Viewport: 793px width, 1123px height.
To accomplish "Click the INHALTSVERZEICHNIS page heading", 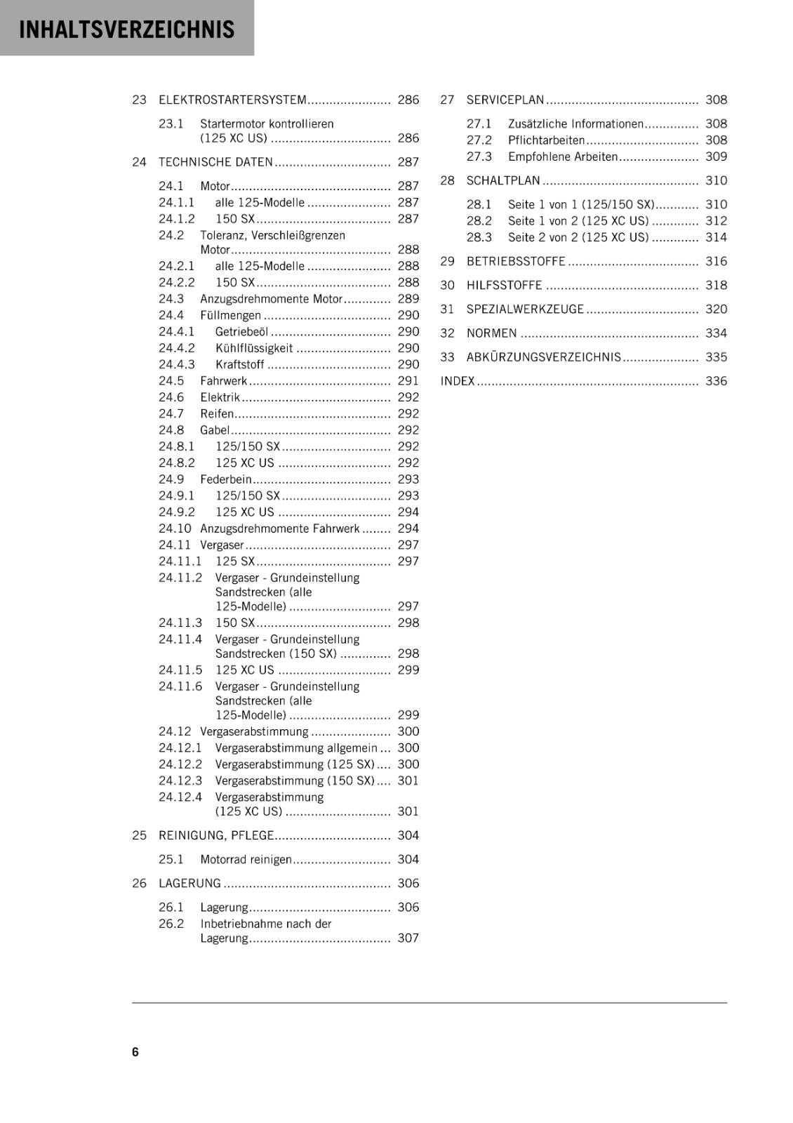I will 127,29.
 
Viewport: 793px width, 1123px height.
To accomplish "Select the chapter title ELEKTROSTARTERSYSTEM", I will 232,100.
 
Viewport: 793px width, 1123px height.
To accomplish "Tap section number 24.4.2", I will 176,348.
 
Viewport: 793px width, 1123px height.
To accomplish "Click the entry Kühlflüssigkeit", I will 254,348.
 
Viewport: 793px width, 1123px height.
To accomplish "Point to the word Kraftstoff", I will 239,364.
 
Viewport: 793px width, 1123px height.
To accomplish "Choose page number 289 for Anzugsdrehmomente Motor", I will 408,299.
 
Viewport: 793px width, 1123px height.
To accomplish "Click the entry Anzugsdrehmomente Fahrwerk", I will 279,529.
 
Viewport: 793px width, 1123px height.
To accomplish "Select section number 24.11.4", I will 180,639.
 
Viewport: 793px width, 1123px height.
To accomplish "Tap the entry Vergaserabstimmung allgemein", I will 296,748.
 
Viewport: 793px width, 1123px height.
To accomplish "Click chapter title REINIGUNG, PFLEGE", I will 216,835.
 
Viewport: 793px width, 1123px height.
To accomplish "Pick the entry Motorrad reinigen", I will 246,859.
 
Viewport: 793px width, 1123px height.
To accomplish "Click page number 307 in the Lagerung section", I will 408,938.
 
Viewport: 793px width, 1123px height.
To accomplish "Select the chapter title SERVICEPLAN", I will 505,100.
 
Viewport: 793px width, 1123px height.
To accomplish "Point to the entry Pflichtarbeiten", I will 546,140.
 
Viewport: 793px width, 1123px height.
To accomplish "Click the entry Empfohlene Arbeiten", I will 563,157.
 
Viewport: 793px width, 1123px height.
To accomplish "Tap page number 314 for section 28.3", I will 716,237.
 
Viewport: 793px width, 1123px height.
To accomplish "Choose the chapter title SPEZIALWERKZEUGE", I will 525,309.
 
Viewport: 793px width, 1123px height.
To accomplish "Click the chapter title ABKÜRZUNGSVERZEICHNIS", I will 544,357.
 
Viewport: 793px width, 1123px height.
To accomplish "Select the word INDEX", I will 458,381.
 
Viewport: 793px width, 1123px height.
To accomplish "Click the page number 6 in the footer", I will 135,1051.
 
